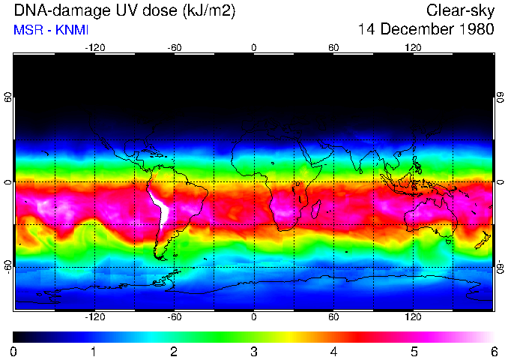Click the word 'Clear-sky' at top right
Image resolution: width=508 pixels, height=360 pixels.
460,11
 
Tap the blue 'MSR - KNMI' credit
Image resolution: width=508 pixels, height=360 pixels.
51,31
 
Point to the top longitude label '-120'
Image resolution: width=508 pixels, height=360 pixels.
94,47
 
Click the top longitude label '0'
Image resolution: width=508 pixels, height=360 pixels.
253,47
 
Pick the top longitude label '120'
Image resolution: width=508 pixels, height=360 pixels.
413,47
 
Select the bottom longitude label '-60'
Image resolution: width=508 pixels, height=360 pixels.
174,317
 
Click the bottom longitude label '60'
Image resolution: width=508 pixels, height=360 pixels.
333,317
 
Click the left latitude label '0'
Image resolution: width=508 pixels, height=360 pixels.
8,181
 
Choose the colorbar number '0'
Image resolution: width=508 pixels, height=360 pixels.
14,351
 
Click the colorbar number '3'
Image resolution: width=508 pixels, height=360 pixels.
254,351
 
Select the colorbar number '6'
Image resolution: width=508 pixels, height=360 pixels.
493,351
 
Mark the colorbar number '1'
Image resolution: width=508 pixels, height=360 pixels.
94,351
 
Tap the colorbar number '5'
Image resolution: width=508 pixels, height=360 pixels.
414,351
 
